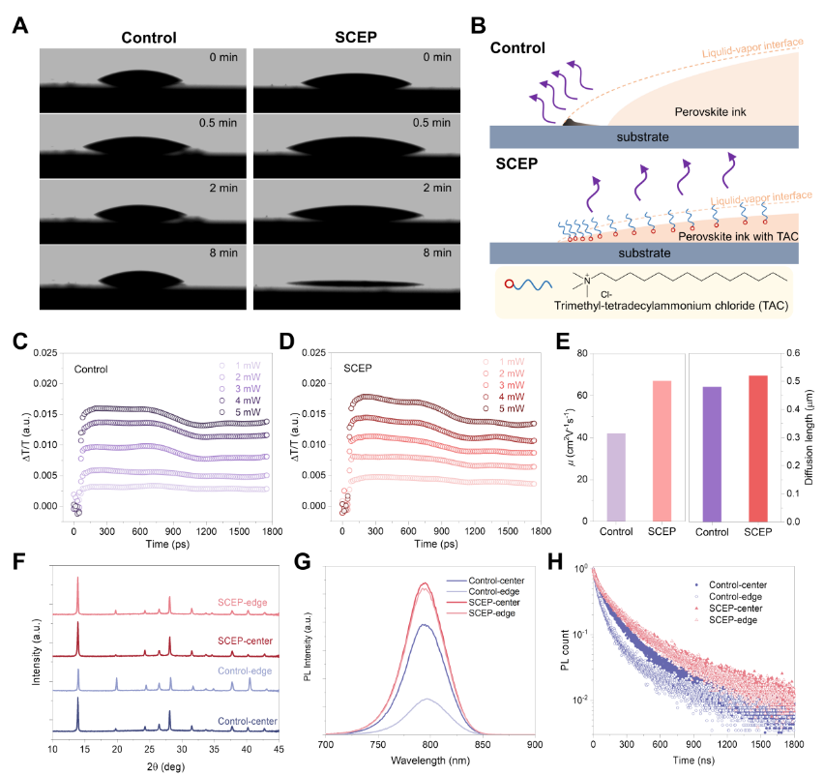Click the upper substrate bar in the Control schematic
pos(644,137)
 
